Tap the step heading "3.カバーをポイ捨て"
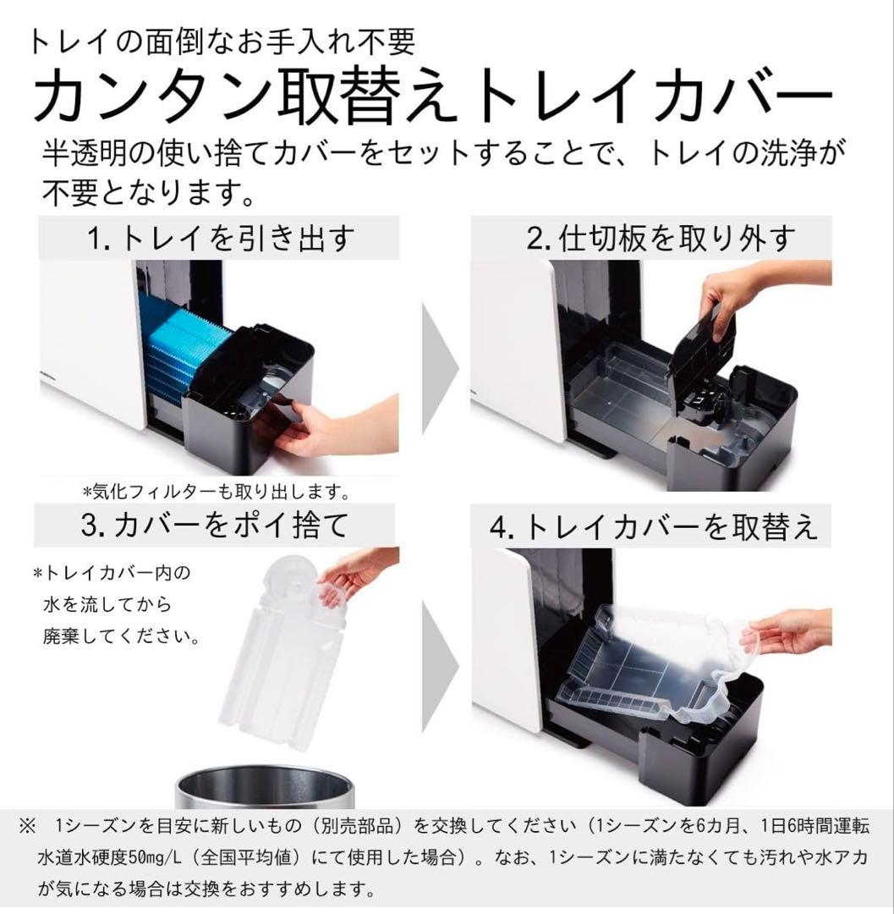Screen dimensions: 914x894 (x=215, y=526)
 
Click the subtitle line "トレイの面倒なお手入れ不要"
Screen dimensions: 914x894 (x=222, y=41)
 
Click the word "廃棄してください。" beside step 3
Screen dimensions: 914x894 (x=122, y=636)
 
